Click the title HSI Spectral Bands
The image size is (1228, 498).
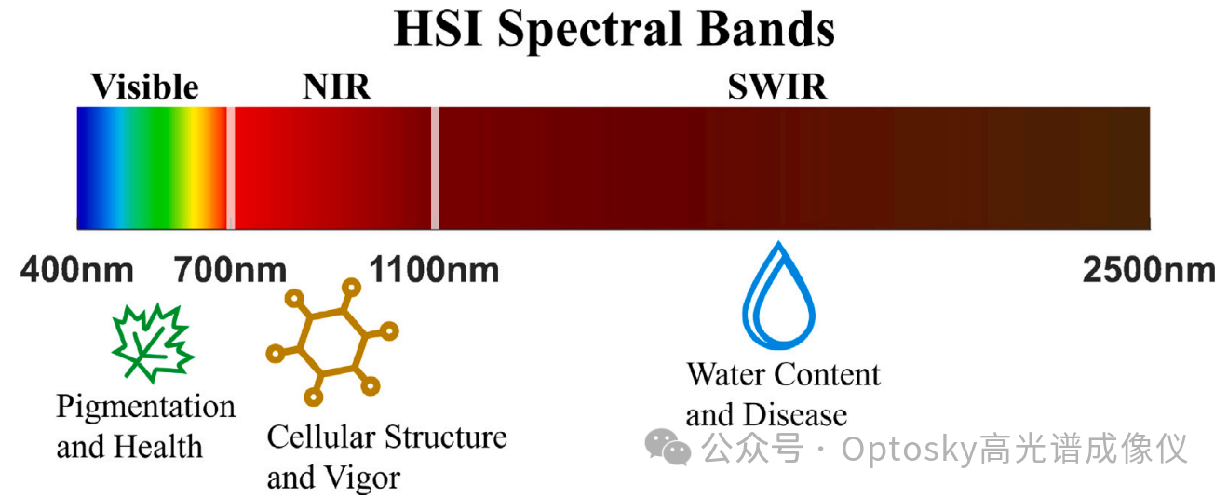614,29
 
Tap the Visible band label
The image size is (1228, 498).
144,87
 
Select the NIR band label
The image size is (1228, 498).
337,87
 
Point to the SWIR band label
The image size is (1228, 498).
776,87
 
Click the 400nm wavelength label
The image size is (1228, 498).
77,270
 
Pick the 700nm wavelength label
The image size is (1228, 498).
230,270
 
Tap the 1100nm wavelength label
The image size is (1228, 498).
434,270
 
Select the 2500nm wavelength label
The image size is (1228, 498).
1149,270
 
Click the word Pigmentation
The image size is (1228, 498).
146,408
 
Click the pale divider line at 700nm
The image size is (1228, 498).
231,168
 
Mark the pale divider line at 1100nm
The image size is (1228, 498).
436,168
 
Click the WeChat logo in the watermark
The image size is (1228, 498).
668,447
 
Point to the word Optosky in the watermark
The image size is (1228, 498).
910,451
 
